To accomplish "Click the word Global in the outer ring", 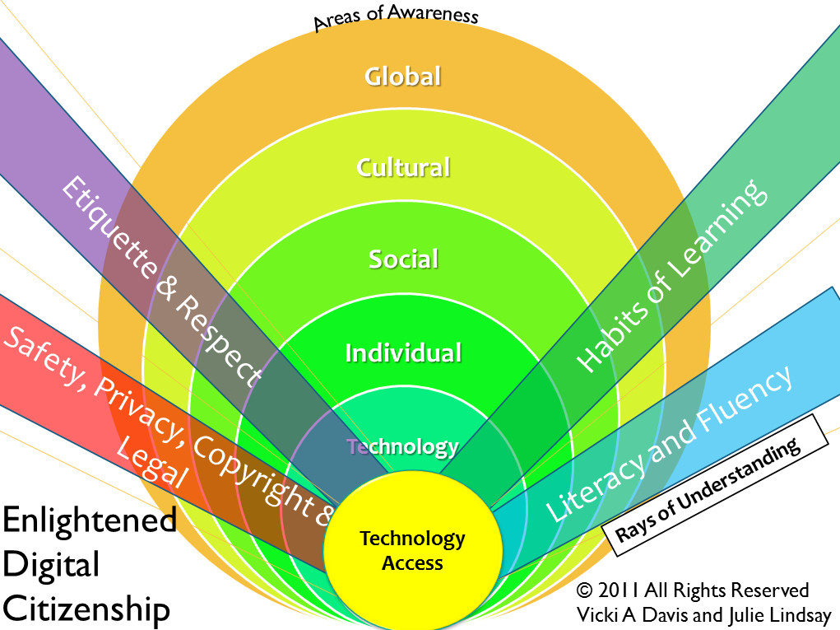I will click(403, 77).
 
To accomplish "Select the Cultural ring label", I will click(403, 167).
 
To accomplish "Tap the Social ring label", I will click(403, 259).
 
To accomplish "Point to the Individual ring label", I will click(403, 353).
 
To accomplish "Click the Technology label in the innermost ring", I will click(402, 446).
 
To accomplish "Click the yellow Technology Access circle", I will click(412, 550).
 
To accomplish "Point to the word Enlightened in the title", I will click(90, 521).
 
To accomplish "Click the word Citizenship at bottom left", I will click(86, 610).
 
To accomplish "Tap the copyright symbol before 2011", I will click(584, 590).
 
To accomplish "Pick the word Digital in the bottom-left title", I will click(51, 566).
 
